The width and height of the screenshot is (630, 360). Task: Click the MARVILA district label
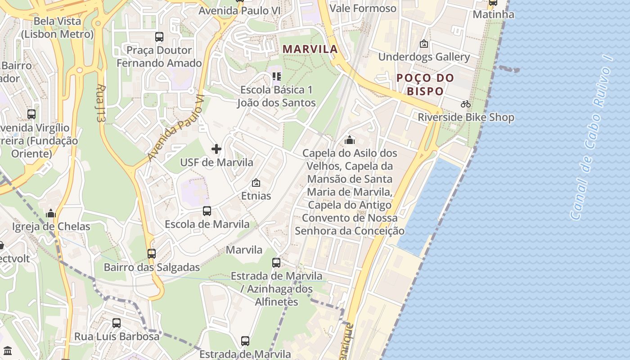coord(310,49)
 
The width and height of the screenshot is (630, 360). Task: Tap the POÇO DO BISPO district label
coord(425,84)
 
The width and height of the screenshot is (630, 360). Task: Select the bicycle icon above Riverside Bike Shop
coord(466,104)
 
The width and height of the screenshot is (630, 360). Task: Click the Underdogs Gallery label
coord(424,57)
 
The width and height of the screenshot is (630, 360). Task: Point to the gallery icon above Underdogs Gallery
coord(423,44)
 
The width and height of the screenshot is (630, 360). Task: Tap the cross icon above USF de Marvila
coord(216,149)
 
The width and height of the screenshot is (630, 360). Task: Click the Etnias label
coord(256,196)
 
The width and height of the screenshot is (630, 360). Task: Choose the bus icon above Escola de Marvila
coord(207,211)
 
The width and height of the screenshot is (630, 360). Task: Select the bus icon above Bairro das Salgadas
coord(152,254)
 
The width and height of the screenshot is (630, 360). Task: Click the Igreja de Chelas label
coord(51,226)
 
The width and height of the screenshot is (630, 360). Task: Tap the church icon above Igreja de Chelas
coord(51,213)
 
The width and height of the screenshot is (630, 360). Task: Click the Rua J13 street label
coord(100,103)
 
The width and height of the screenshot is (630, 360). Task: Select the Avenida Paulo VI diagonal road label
coord(175,128)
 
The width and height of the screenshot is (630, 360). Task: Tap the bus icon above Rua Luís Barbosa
coord(117,323)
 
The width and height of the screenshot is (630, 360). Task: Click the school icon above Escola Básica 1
coord(276,76)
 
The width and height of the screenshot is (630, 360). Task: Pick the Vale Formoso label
coord(363,9)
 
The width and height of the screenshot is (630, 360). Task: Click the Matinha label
coord(493,14)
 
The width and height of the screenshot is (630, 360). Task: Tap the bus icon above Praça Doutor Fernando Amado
coord(159,37)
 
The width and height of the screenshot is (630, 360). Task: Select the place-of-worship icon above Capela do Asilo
coord(350,140)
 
